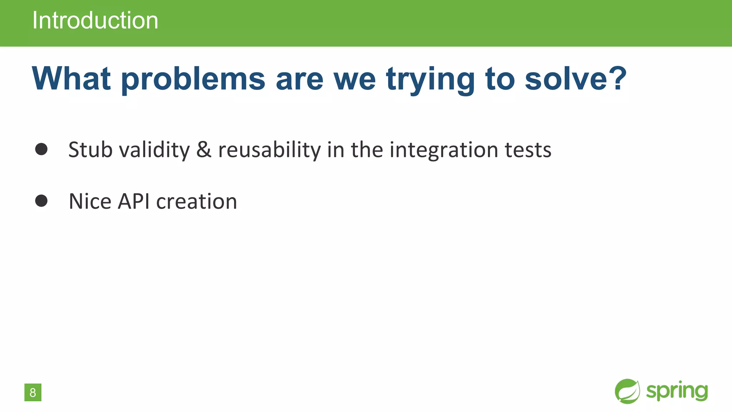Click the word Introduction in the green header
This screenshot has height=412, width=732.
tap(95, 20)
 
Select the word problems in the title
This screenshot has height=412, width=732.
tap(193, 79)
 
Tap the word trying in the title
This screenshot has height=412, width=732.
tap(430, 79)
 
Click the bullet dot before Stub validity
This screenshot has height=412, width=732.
tap(41, 149)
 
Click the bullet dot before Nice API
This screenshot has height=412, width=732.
tap(41, 201)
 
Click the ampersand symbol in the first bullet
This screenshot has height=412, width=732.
tap(204, 149)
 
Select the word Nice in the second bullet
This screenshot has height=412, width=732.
tap(90, 201)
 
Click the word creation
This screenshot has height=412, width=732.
tap(197, 201)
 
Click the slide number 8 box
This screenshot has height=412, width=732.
tap(33, 392)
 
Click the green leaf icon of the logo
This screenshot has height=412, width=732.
tap(627, 391)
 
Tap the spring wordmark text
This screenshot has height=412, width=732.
tap(677, 391)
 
